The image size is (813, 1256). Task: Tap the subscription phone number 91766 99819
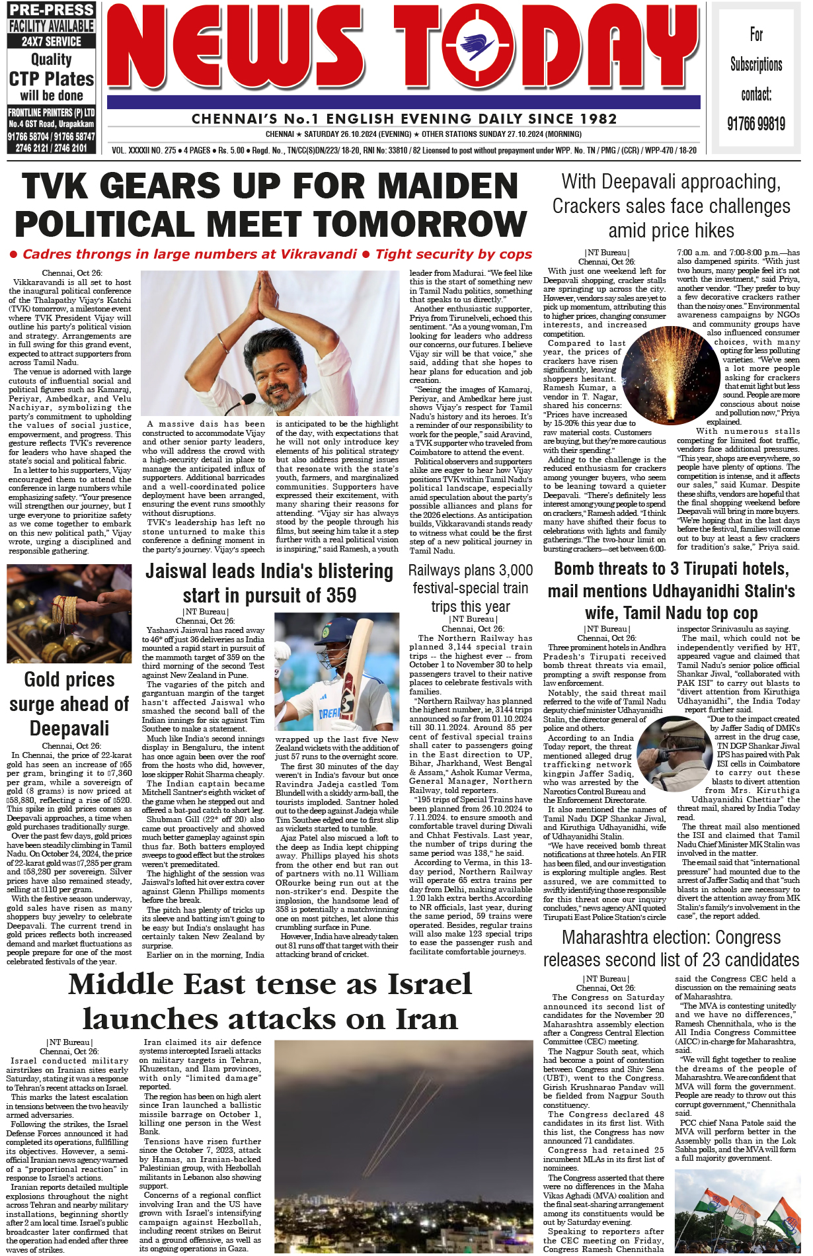point(756,124)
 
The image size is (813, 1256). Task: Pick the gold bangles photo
point(69,613)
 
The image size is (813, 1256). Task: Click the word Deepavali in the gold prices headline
point(69,728)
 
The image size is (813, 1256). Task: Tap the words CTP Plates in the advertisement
point(52,79)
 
